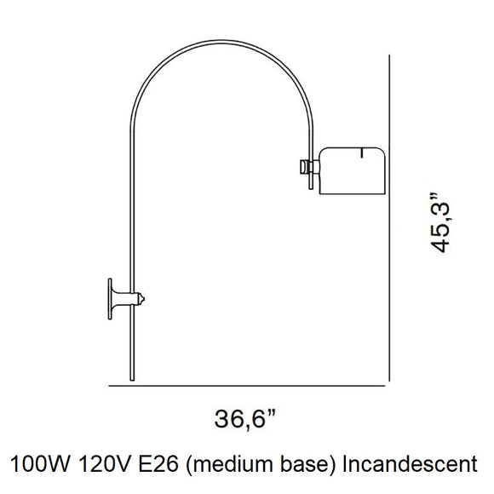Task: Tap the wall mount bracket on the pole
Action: click(123, 298)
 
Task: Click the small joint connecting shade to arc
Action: click(307, 167)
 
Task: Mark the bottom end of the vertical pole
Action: click(131, 379)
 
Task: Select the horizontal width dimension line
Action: click(247, 386)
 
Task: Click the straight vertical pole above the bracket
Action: click(131, 213)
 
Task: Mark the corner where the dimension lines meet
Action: click(389, 386)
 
